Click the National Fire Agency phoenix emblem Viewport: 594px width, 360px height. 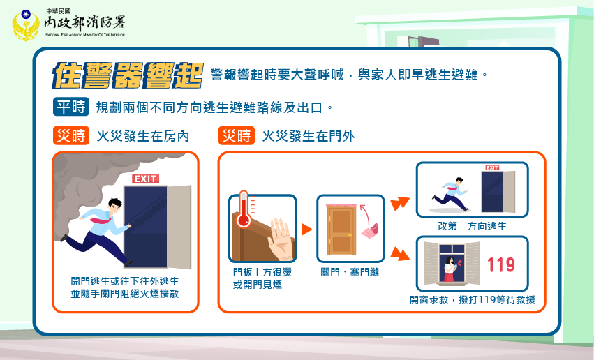point(26,25)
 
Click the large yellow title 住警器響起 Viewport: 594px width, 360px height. point(128,75)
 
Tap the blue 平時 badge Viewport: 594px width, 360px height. point(71,107)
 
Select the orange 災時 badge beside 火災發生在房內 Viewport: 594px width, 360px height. point(71,135)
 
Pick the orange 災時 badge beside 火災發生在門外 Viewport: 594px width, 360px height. point(237,135)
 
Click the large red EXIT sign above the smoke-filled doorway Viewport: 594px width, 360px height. point(145,179)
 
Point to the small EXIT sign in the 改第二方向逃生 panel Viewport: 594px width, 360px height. point(492,167)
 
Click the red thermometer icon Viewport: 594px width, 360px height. point(244,209)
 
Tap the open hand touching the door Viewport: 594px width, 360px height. point(281,239)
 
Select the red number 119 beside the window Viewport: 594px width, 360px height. point(500,264)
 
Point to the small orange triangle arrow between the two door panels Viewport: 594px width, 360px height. point(306,230)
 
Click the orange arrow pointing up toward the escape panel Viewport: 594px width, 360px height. point(400,203)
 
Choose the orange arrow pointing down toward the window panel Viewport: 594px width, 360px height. point(400,254)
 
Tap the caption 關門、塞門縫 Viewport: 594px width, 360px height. point(350,272)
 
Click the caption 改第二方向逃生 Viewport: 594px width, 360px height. point(472,226)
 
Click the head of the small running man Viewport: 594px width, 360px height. point(459,181)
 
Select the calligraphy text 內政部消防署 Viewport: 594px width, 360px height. point(84,23)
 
